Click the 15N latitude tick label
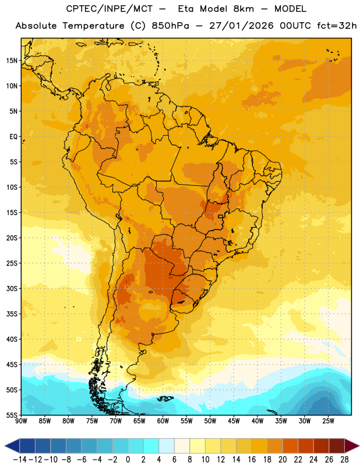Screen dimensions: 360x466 pyautogui.click(x=12, y=61)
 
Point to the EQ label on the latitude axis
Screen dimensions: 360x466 pyautogui.click(x=13, y=137)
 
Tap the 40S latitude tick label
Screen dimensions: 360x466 pyautogui.click(x=12, y=340)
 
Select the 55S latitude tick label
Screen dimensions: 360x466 pyautogui.click(x=12, y=415)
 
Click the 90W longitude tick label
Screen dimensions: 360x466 pyautogui.click(x=22, y=421)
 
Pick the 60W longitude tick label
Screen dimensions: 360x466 pyautogui.click(x=163, y=421)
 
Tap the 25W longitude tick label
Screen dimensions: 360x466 pyautogui.click(x=328, y=421)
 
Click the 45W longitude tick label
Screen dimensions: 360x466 pyautogui.click(x=234, y=421)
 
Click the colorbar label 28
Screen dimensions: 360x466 pyautogui.click(x=344, y=460)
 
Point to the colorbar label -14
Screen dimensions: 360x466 pyautogui.click(x=20, y=460)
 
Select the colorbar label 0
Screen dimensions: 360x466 pyautogui.click(x=128, y=460)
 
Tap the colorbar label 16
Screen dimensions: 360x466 pyautogui.click(x=252, y=460)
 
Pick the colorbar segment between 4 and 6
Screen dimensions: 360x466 pyautogui.click(x=167, y=446)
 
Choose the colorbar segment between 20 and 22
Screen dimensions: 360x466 pyautogui.click(x=291, y=446)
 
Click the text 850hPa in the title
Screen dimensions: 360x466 pyautogui.click(x=170, y=26)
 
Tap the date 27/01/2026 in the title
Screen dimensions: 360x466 pyautogui.click(x=241, y=26)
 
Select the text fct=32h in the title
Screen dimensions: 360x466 pyautogui.click(x=337, y=26)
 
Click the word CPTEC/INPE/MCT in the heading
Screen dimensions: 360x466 pyautogui.click(x=110, y=9)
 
